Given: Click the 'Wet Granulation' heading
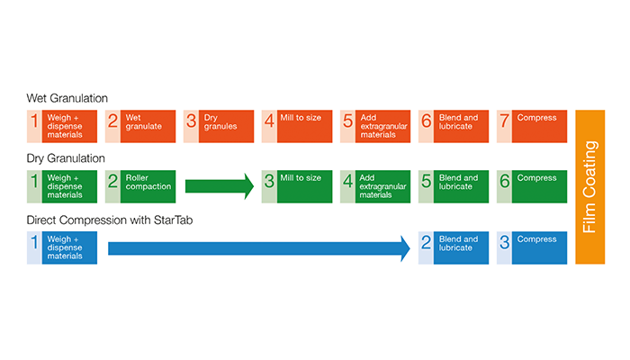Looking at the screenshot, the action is (67, 98).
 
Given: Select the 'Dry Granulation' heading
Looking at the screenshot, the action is (66, 158).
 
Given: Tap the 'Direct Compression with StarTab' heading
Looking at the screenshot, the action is (110, 220).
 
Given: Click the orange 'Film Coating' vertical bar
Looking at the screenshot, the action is (589, 187).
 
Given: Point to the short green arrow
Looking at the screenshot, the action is (220, 186).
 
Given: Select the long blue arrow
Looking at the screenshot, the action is (259, 248).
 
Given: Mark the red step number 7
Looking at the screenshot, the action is (504, 121).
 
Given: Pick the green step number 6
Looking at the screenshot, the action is (504, 181).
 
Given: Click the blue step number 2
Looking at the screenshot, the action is (426, 242).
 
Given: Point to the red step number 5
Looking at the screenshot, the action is (347, 121).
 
